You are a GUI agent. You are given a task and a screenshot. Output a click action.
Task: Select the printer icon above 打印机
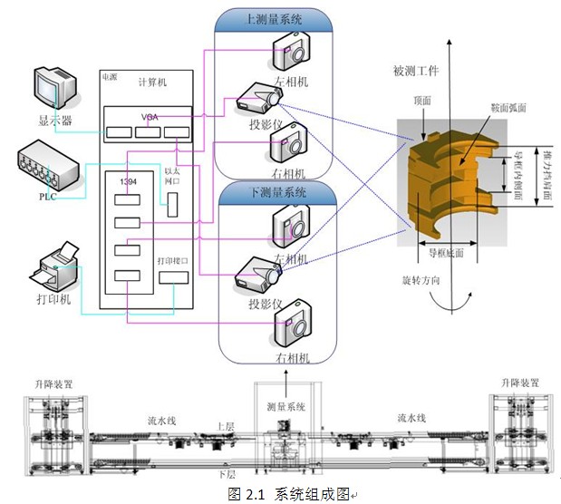coord(56,268)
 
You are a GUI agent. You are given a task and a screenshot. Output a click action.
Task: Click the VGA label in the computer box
coord(150,117)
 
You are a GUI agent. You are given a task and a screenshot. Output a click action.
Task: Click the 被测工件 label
coord(418,70)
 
